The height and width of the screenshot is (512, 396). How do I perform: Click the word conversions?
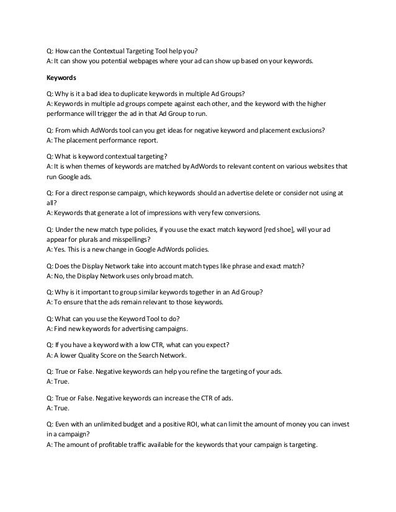click(x=243, y=213)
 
